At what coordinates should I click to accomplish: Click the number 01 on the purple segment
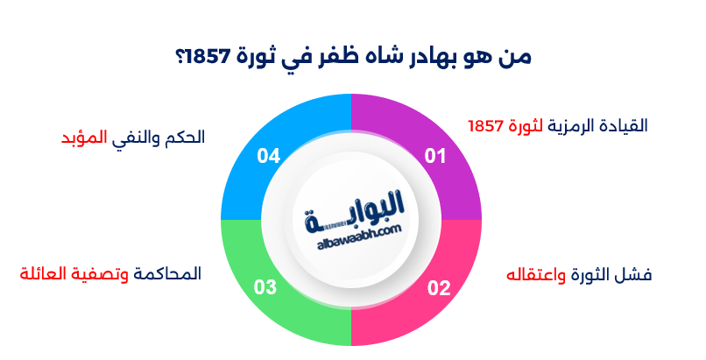[x=435, y=157]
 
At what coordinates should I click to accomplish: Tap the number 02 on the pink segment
[x=438, y=287]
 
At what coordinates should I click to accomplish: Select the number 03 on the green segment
[x=265, y=287]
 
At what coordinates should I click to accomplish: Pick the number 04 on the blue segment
[x=268, y=157]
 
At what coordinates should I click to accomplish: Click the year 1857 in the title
[x=215, y=57]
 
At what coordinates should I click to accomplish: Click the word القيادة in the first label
[x=621, y=125]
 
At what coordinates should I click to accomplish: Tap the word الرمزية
[x=569, y=125]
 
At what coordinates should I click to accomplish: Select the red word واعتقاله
[x=537, y=275]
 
